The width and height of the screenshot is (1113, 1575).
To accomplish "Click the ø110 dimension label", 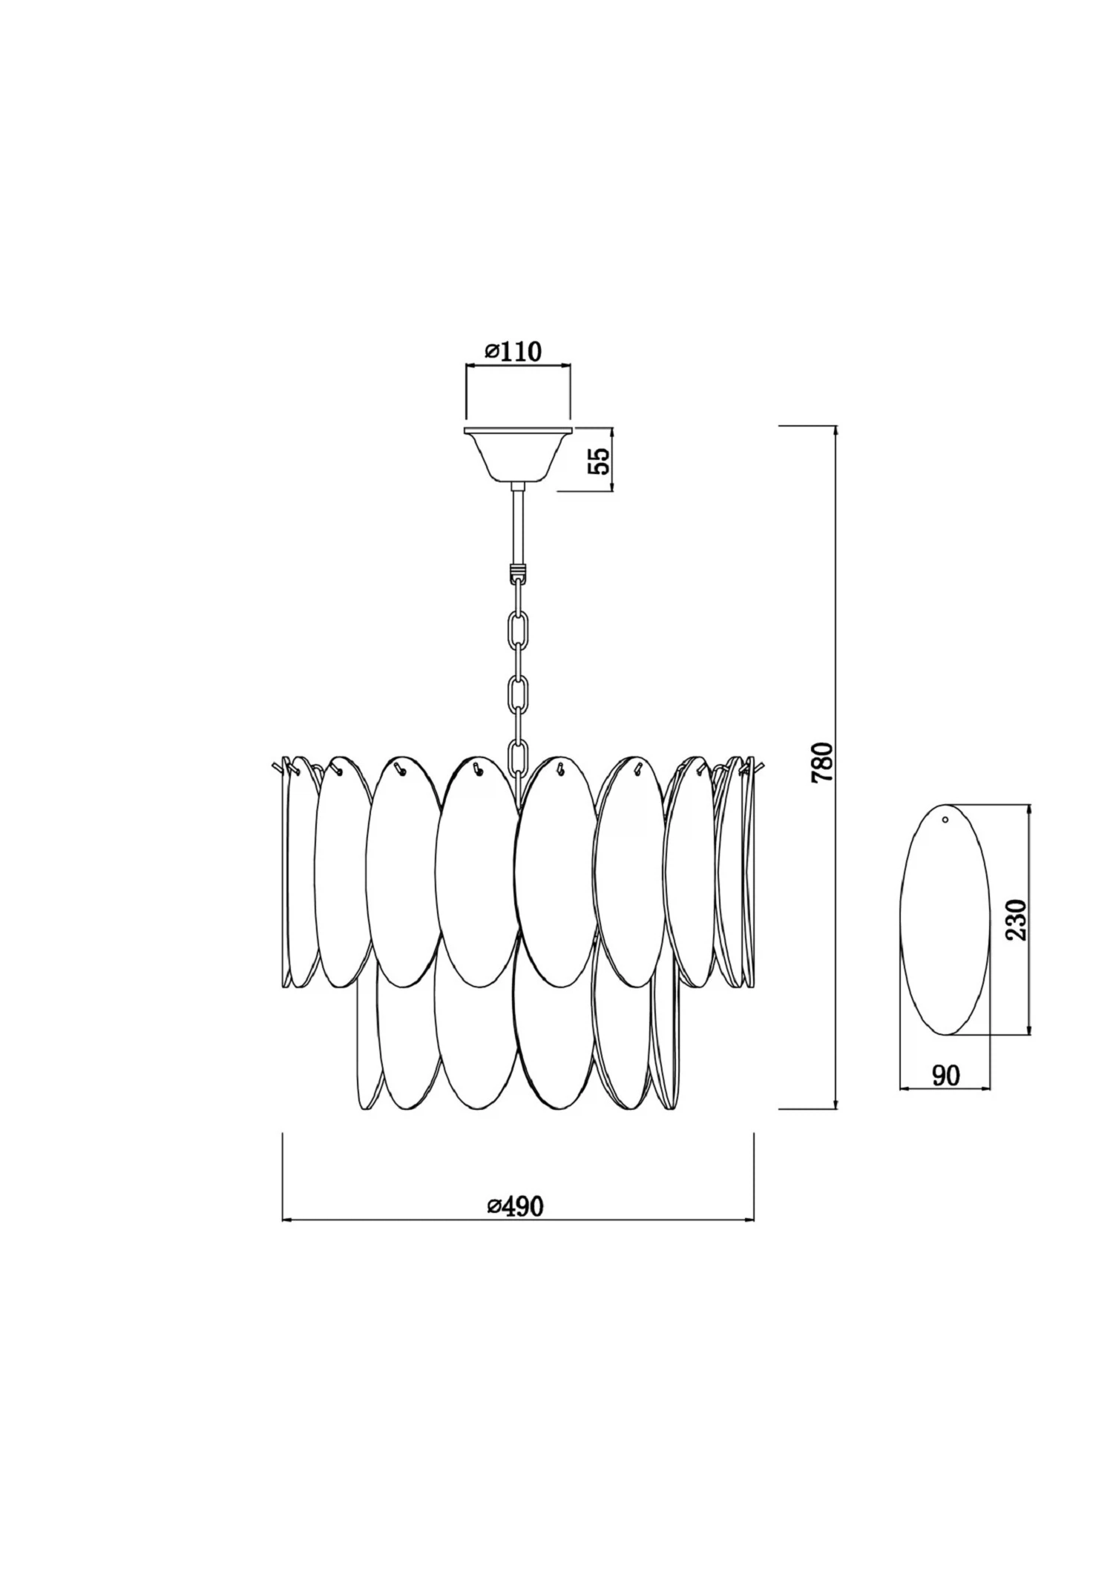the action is pyautogui.click(x=514, y=351).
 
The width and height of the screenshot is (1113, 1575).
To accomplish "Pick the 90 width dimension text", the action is pyautogui.click(x=945, y=1075).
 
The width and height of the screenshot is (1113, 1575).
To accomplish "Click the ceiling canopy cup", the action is pyautogui.click(x=518, y=455).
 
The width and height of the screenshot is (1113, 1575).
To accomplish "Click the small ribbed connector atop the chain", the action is pyautogui.click(x=518, y=573).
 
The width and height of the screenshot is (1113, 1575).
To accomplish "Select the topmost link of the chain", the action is pyautogui.click(x=518, y=603).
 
